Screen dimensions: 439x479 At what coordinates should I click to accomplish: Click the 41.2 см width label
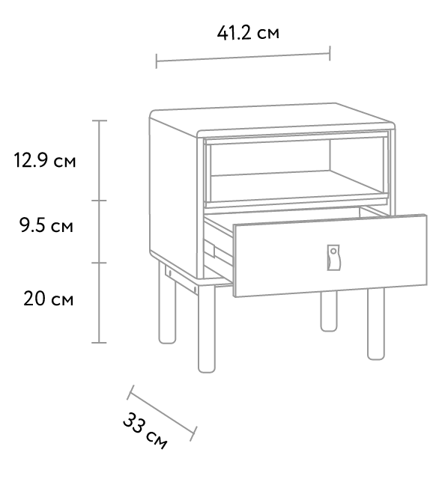point(248,33)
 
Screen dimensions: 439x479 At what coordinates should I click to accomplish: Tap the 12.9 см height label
point(45,160)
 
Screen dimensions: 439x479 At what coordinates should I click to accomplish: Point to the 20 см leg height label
point(48,299)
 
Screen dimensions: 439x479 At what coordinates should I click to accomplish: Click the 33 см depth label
point(145,431)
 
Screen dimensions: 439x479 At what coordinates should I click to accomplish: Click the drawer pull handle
point(333,257)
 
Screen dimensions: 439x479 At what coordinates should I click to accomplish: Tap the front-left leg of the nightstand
point(207,329)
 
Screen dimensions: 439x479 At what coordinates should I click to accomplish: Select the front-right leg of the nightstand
point(376,324)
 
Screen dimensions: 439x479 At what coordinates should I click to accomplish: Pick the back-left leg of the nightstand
point(167,303)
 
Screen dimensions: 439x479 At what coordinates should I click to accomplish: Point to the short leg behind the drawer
point(329,311)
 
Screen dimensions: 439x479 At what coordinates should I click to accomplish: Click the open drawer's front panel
point(330,256)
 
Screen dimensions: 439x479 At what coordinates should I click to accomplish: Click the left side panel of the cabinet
point(173,195)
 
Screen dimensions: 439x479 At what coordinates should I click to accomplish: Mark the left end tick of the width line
point(157,61)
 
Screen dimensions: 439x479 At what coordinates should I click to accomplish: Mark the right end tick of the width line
point(330,53)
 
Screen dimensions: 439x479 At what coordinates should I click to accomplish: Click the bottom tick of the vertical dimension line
point(99,343)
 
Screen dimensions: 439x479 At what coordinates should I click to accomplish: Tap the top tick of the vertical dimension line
point(99,120)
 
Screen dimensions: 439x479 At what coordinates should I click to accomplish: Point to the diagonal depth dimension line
point(162,413)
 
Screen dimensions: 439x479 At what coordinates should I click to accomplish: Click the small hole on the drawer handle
point(333,251)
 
